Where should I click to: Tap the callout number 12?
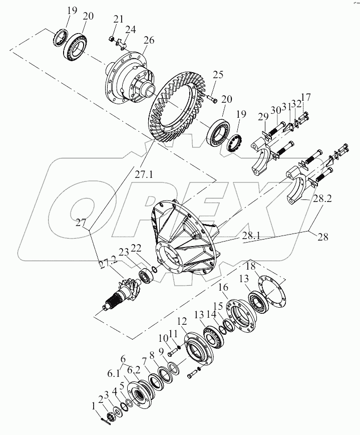click(181, 321)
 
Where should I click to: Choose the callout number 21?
click(118, 20)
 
